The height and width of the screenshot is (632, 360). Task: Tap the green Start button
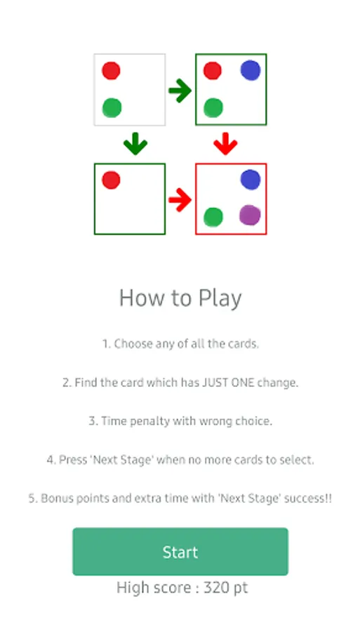pyautogui.click(x=180, y=551)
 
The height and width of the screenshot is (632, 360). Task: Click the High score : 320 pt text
pyautogui.click(x=182, y=588)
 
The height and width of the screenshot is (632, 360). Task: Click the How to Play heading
pyautogui.click(x=180, y=298)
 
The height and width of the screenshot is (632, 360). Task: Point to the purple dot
pyautogui.click(x=250, y=215)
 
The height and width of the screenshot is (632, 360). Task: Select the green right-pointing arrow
pyautogui.click(x=180, y=91)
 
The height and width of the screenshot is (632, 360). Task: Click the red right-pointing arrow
pyautogui.click(x=180, y=199)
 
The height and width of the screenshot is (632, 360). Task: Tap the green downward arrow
pyautogui.click(x=135, y=144)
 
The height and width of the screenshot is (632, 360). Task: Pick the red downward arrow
pyautogui.click(x=225, y=144)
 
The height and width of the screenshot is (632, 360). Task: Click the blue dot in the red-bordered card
pyautogui.click(x=251, y=180)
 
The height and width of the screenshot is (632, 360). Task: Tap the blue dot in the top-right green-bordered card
pyautogui.click(x=251, y=70)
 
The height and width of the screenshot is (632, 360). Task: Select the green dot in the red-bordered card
pyautogui.click(x=213, y=217)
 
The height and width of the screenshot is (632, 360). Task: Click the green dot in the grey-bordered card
pyautogui.click(x=112, y=108)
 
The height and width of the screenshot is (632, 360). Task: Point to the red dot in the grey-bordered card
pyautogui.click(x=111, y=71)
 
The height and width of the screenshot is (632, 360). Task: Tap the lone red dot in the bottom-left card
pyautogui.click(x=111, y=180)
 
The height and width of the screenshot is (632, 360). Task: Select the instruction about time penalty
pyautogui.click(x=180, y=421)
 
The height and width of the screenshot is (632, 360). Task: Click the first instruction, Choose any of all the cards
pyautogui.click(x=180, y=344)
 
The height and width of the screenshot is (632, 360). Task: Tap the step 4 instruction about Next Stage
pyautogui.click(x=180, y=460)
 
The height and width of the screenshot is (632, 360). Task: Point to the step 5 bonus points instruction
pyautogui.click(x=180, y=499)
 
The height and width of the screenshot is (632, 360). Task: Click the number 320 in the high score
pyautogui.click(x=217, y=588)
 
